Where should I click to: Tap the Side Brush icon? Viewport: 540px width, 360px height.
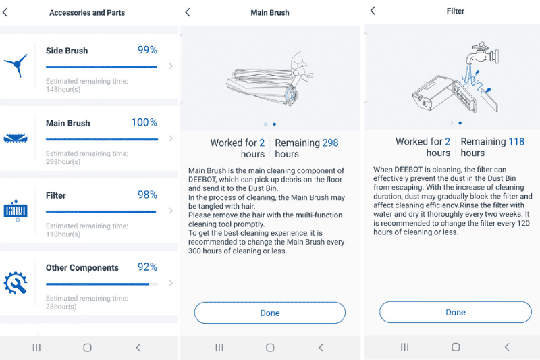[16, 65]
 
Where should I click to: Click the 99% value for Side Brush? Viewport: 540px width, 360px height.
[147, 50]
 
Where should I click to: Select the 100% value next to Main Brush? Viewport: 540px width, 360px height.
[144, 122]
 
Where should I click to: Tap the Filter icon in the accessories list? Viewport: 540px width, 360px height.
[16, 210]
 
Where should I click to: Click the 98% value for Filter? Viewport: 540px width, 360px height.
[147, 195]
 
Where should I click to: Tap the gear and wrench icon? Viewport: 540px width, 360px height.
[16, 283]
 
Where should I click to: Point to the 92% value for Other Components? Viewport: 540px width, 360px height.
[147, 267]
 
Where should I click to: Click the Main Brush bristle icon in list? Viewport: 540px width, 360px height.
[16, 138]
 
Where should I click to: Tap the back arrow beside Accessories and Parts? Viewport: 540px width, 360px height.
[6, 12]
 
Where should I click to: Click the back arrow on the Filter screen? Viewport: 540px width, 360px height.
[373, 11]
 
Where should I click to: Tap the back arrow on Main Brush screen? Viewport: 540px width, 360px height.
[188, 12]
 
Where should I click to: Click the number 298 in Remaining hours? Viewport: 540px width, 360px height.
[330, 143]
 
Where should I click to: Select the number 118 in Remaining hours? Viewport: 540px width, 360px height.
[516, 141]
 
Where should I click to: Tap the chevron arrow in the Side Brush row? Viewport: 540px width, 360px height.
[170, 66]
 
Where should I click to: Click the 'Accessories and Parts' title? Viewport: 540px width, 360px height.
[87, 12]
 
